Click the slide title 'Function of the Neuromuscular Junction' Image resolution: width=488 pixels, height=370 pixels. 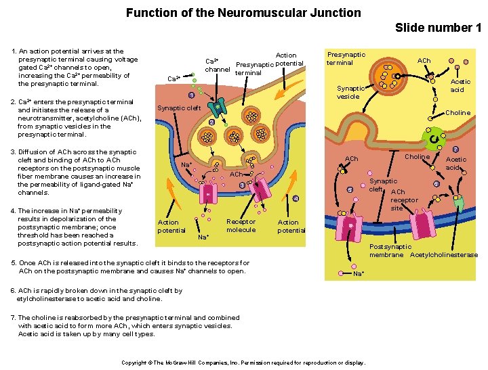[243, 13]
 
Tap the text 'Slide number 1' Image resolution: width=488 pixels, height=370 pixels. [438, 28]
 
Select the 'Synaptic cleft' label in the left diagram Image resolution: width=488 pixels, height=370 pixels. [179, 108]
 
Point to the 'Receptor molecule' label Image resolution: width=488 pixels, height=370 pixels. [241, 226]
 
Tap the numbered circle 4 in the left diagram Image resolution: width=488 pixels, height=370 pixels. [296, 198]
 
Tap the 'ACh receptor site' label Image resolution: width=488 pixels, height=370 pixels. [404, 200]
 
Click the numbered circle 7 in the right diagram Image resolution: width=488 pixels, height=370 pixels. [455, 149]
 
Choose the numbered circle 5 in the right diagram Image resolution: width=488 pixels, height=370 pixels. [350, 190]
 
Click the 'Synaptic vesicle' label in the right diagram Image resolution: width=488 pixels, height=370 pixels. [351, 92]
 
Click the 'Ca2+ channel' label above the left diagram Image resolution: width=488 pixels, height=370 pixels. [218, 65]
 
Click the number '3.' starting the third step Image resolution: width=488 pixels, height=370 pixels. [14, 152]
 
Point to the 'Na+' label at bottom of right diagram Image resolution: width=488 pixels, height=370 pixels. [359, 274]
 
